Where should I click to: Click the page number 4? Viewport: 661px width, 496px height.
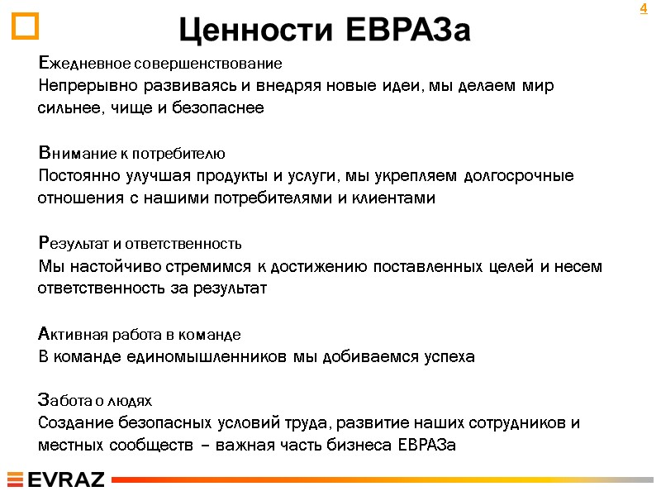tap(643, 9)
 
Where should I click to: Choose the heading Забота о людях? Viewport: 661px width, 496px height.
tap(96, 401)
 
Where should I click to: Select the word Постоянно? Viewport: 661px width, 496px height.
tap(78, 176)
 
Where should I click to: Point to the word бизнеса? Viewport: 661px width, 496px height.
tap(359, 446)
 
